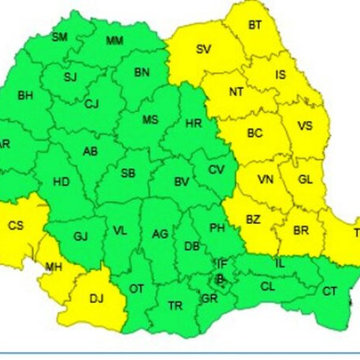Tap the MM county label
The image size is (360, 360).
(x=114, y=40)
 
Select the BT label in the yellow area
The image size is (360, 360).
(x=255, y=25)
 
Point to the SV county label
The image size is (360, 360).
(x=204, y=50)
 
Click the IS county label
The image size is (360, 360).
(x=281, y=74)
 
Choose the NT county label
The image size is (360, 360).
(x=236, y=93)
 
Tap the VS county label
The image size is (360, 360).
(x=305, y=126)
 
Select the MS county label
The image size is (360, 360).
(x=150, y=120)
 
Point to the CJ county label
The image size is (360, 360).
(x=91, y=104)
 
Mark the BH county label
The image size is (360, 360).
(x=25, y=95)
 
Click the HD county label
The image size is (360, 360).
(x=62, y=182)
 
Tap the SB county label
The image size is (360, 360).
(x=127, y=174)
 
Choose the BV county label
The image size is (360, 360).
(x=181, y=183)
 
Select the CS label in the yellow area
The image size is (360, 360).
(x=16, y=226)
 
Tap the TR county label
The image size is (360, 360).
(x=175, y=306)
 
